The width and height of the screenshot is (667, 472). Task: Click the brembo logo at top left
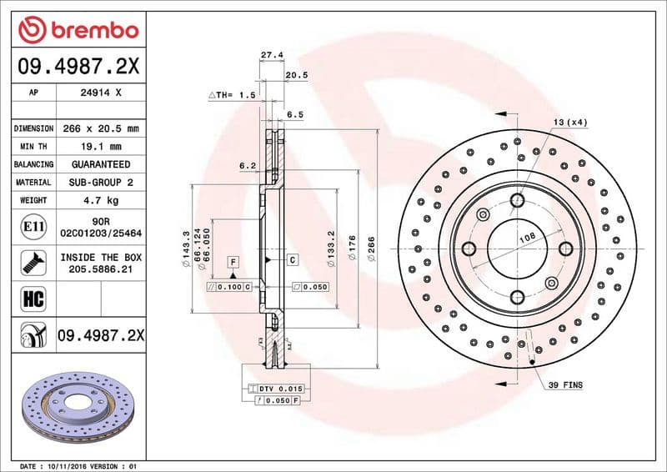[78, 30]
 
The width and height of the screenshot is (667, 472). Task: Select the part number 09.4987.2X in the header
[78, 66]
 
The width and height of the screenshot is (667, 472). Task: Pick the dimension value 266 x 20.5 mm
[100, 128]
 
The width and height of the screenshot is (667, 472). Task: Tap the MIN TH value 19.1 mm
[100, 147]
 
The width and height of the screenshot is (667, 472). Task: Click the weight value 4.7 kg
[100, 200]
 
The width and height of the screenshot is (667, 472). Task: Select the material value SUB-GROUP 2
[100, 182]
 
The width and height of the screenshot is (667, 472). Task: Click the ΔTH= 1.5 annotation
[231, 96]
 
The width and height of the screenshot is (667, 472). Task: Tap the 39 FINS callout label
[565, 385]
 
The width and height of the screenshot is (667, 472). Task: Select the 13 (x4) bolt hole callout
[569, 122]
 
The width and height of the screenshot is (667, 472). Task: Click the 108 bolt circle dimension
[527, 238]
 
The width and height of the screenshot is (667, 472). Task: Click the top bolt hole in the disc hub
[517, 199]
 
